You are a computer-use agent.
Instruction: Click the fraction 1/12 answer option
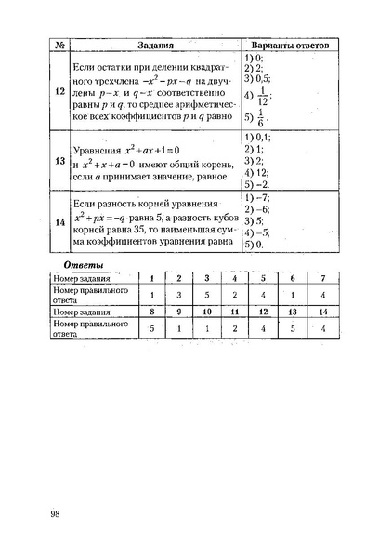tap(264, 98)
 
